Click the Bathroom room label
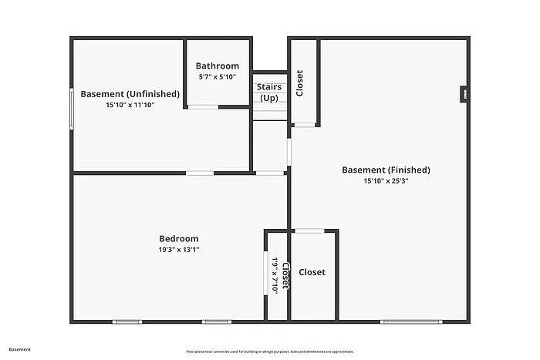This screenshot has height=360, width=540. click(x=217, y=66)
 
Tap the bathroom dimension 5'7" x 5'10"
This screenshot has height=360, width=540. click(x=217, y=77)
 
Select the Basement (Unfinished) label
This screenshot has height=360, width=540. click(x=130, y=94)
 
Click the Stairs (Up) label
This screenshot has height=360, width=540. click(x=269, y=93)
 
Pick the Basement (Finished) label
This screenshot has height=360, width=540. click(x=386, y=170)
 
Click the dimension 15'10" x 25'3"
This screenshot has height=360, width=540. click(x=386, y=181)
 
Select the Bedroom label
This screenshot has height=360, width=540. click(x=179, y=239)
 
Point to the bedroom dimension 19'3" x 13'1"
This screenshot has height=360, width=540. click(x=179, y=250)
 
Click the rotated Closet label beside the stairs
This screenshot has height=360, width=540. click(x=299, y=83)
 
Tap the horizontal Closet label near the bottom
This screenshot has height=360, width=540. click(x=312, y=272)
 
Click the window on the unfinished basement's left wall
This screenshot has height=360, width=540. click(x=73, y=107)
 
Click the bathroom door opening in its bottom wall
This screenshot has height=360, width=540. click(x=204, y=106)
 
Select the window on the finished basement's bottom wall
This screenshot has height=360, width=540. click(x=411, y=321)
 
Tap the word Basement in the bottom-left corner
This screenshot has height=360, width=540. click(x=20, y=349)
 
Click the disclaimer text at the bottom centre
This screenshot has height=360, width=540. click(x=270, y=352)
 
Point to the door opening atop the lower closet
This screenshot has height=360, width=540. click(x=309, y=230)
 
